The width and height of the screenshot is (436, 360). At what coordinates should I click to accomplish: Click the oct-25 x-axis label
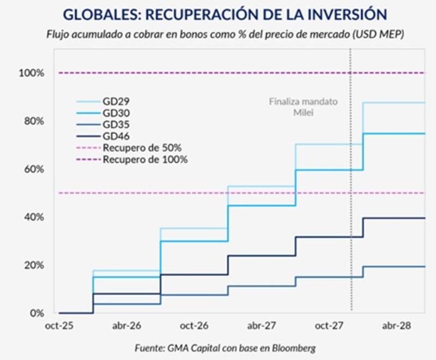[x=59, y=326]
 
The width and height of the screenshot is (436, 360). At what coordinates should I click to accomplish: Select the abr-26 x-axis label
[x=126, y=326]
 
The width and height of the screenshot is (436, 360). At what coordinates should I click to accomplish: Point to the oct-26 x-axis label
[x=195, y=326]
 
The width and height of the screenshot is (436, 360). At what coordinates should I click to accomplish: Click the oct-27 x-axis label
[x=329, y=326]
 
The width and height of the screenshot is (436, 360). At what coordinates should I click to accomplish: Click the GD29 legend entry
[x=114, y=101]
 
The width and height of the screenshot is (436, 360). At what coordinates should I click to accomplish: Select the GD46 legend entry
[x=114, y=136]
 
